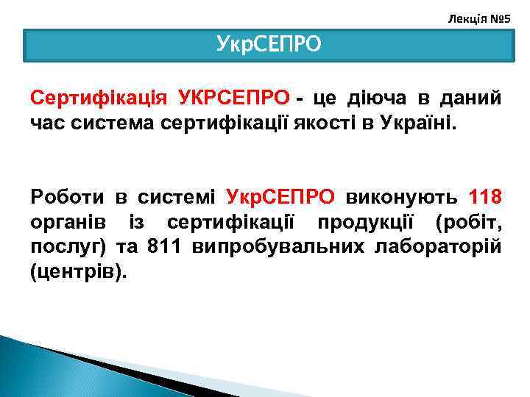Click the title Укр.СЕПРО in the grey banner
point(269,44)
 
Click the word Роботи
point(66,197)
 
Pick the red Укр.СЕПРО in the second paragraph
point(280,197)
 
